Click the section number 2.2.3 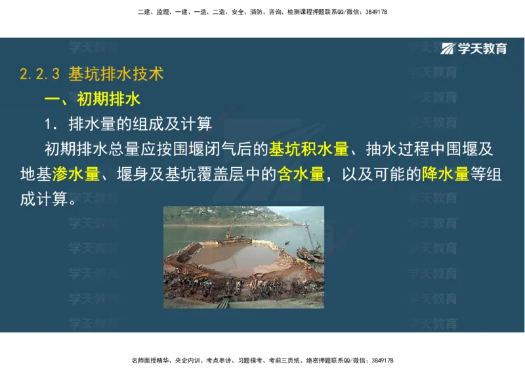pos(40,74)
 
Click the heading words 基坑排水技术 pos(115,73)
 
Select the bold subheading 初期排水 pos(109,99)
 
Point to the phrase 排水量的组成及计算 pos(140,124)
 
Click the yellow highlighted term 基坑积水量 pos(308,149)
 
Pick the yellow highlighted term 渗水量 pos(76,174)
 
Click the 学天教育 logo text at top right pos(482,49)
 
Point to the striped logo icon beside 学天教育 pos(449,49)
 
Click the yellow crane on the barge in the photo pos(230,229)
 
